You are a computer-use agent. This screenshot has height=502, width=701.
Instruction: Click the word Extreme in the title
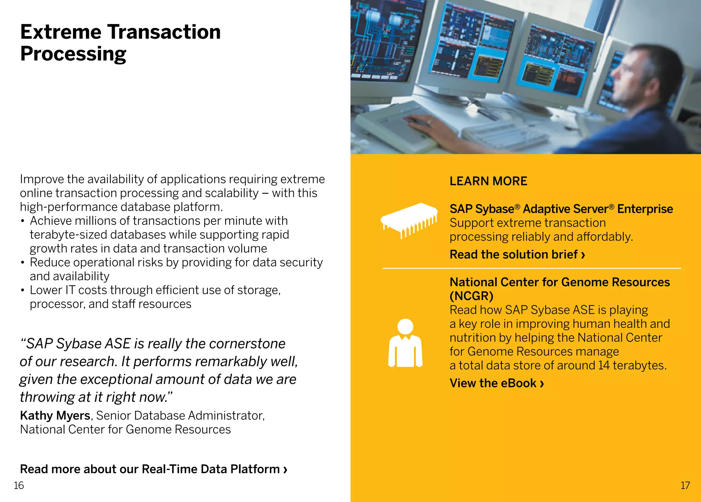(x=61, y=32)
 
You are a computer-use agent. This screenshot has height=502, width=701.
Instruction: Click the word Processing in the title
(x=73, y=54)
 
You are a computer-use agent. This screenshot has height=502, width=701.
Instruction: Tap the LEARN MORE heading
(x=488, y=181)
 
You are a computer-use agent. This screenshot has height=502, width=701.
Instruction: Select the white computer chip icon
(x=409, y=219)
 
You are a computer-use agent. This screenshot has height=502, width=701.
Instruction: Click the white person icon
(x=405, y=344)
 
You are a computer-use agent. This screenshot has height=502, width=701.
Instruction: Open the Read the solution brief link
(x=517, y=255)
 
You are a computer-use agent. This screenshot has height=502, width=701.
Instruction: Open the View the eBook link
(x=496, y=383)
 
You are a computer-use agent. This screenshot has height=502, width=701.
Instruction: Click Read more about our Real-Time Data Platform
(x=153, y=469)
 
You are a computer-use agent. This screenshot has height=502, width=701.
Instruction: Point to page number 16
(x=18, y=486)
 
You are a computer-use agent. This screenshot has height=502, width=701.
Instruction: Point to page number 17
(x=685, y=486)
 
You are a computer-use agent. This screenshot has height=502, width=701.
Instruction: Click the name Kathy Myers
(x=55, y=415)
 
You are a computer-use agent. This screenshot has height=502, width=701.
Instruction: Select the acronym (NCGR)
(x=471, y=296)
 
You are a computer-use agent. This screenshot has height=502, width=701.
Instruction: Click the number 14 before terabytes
(x=604, y=365)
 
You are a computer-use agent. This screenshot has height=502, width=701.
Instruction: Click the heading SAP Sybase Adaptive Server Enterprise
(x=561, y=209)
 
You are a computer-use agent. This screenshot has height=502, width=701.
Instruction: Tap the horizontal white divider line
(x=531, y=268)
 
